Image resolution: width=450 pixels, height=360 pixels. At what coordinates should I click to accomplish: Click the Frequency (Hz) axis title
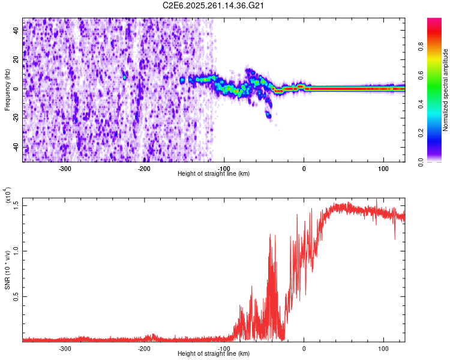point(7,89)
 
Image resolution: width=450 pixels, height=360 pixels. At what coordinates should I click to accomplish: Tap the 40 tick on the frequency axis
point(16,31)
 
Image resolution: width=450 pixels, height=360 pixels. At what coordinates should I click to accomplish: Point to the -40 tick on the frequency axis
point(16,147)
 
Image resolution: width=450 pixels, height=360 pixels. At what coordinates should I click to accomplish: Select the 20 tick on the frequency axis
point(16,60)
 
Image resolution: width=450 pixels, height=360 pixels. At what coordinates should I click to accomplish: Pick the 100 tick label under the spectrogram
point(383,168)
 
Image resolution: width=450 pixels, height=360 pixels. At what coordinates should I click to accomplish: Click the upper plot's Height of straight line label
point(214,173)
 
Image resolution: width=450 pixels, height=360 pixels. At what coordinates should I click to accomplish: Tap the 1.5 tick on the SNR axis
point(16,205)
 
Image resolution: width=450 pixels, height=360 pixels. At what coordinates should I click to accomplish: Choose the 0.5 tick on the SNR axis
point(16,296)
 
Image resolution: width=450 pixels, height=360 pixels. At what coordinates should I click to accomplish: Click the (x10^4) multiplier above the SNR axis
point(8,196)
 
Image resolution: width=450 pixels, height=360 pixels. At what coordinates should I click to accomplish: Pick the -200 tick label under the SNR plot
point(144,348)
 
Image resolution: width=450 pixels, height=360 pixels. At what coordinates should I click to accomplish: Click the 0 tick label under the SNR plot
point(304,348)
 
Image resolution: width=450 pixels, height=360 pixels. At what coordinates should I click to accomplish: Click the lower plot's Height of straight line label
point(214,354)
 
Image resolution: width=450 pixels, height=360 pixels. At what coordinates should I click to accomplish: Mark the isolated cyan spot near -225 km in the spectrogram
point(125,77)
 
